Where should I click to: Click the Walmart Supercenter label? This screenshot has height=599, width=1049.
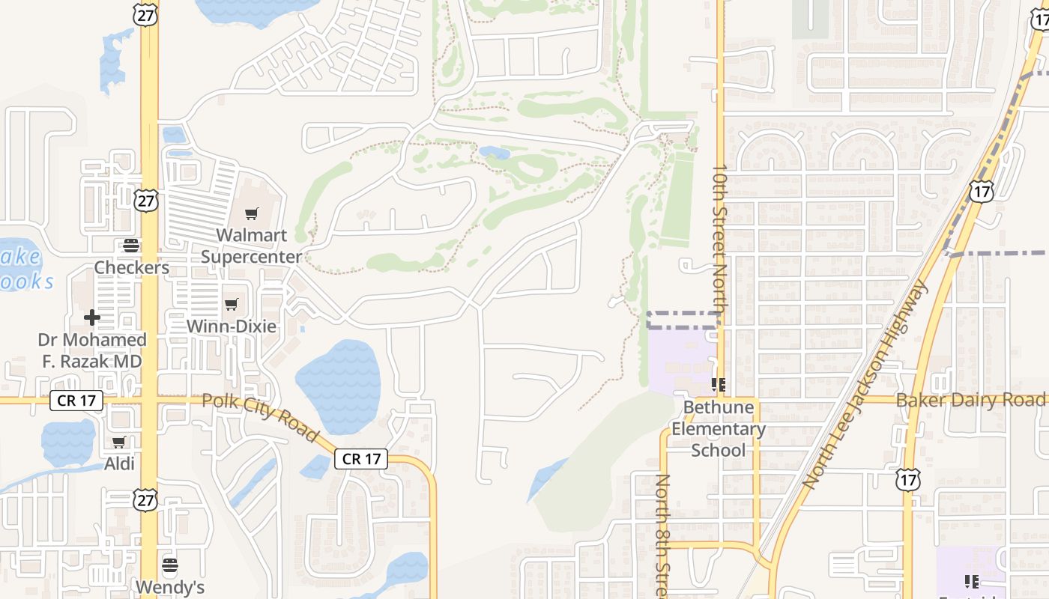(x=251, y=246)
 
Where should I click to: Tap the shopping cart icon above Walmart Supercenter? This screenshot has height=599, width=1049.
(x=252, y=214)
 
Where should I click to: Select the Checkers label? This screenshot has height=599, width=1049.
(x=131, y=267)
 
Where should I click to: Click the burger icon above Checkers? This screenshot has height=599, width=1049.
(x=131, y=245)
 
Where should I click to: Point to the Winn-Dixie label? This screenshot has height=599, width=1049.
(x=231, y=326)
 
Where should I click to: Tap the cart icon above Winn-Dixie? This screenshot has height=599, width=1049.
(x=231, y=304)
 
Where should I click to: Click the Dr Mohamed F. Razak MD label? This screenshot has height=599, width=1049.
(x=92, y=350)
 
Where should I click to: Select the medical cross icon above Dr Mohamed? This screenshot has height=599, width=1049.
(x=92, y=317)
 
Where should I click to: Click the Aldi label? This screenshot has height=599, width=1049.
(x=119, y=463)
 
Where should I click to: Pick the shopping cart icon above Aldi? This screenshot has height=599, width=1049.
(x=119, y=442)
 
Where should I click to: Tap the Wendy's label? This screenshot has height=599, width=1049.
(x=170, y=586)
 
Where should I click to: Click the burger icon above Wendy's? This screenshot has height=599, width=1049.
(x=170, y=564)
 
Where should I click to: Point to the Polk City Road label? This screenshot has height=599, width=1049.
(x=261, y=418)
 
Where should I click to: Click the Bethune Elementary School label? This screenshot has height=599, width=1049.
(x=718, y=428)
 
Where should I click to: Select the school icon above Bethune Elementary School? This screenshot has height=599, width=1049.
(x=719, y=386)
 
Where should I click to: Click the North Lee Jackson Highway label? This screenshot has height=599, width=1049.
(x=865, y=386)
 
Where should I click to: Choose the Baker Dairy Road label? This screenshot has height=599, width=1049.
(x=970, y=400)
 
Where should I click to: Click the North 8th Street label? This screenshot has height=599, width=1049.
(x=663, y=535)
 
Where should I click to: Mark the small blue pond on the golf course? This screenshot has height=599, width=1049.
(x=495, y=153)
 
